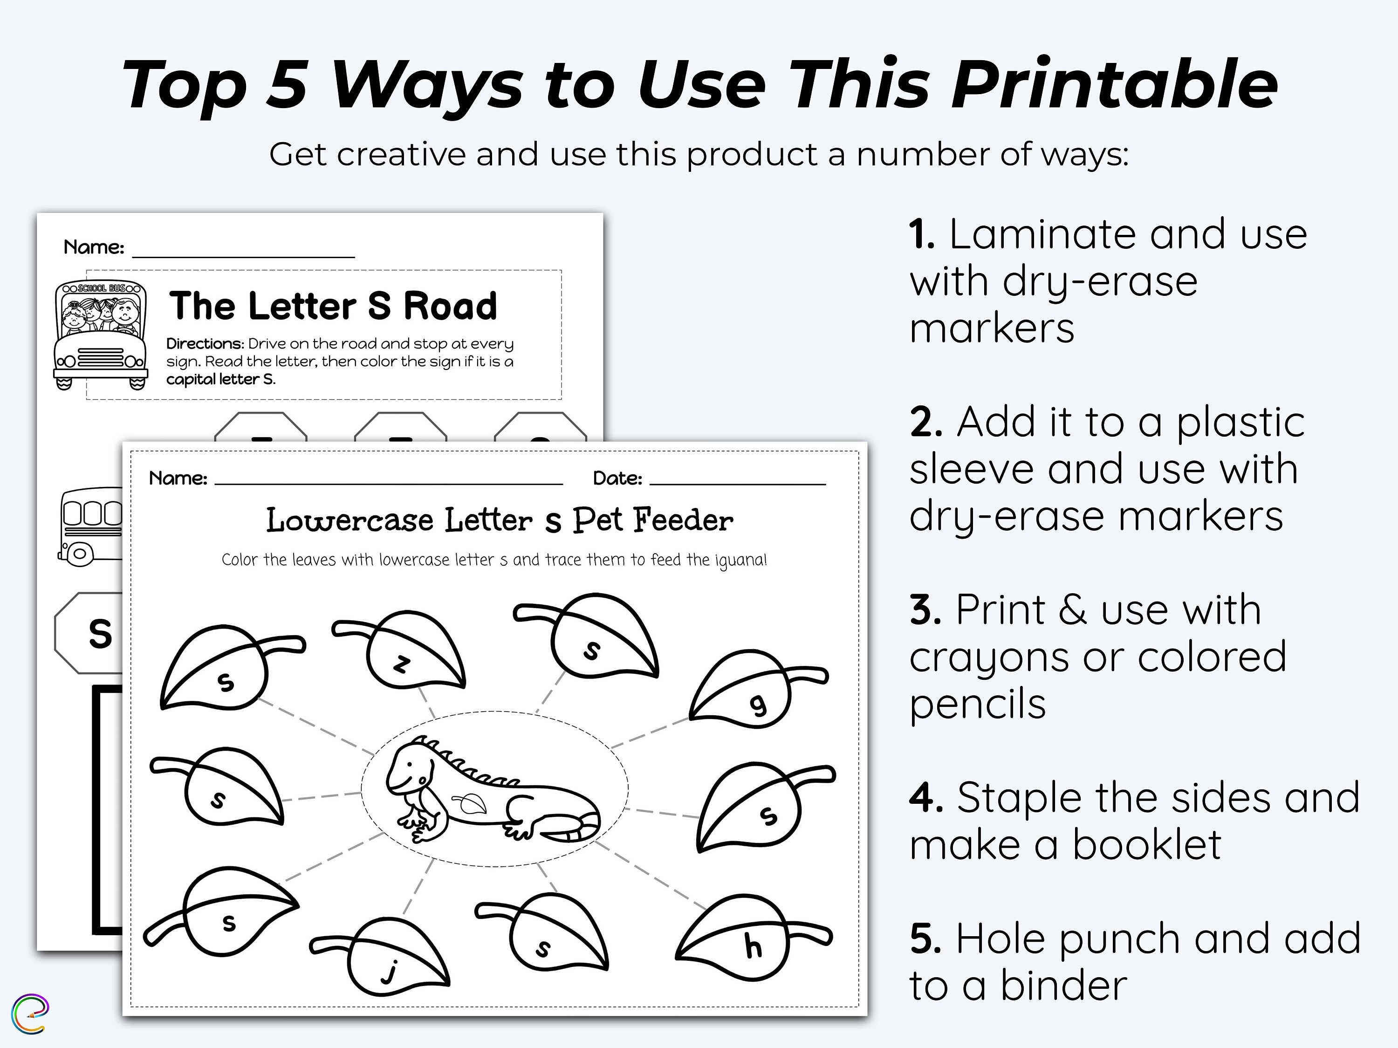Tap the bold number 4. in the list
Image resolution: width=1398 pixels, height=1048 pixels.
point(926,798)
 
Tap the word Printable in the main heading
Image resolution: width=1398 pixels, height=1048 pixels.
point(1114,85)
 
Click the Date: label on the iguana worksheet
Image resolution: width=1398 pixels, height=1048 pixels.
point(617,479)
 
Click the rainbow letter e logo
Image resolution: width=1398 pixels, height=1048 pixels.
point(30,1014)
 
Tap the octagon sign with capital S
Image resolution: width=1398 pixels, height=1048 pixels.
point(92,633)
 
